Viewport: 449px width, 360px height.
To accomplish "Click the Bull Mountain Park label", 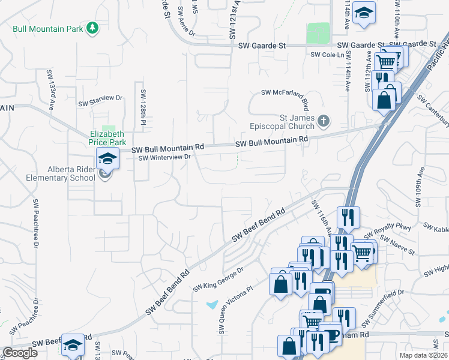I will (47, 28).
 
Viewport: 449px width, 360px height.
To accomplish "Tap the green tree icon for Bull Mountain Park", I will (92, 28).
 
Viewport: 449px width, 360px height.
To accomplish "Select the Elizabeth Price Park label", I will (108, 139).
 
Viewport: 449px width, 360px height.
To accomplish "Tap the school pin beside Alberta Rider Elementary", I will (107, 158).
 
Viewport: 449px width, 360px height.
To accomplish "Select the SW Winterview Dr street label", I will (164, 158).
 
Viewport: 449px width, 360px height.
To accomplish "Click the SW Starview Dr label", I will (100, 100).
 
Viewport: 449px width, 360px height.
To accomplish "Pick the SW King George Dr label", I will (218, 280).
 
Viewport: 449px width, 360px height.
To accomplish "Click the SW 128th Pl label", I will (143, 103).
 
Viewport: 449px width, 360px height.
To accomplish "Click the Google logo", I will (20, 353).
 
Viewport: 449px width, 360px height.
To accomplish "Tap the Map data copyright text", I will (424, 355).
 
